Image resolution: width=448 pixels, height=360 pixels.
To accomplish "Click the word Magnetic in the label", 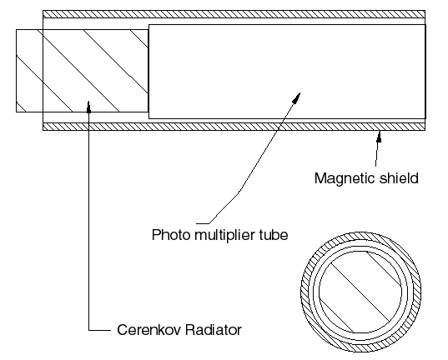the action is tap(344, 178).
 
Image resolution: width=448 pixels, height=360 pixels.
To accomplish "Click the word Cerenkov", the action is tap(148, 330).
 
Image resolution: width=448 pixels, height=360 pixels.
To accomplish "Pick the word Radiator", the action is tap(213, 330).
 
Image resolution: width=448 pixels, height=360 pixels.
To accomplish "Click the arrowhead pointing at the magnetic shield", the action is tap(379, 136).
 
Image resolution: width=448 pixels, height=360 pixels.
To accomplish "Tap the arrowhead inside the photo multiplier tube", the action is tap(296, 97).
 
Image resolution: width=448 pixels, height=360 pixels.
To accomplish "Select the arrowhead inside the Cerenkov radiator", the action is tap(89, 107).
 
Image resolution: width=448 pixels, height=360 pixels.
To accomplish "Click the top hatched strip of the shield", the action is tap(234, 14).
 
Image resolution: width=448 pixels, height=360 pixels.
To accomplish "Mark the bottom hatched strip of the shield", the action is tap(234, 127).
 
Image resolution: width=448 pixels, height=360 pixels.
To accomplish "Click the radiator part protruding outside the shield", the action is tap(29, 71).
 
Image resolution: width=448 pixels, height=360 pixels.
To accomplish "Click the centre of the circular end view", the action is tap(360, 292).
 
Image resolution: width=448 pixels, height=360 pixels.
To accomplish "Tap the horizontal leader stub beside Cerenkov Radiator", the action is tap(99, 331).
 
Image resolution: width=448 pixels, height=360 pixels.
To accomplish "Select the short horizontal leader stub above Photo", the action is tap(203, 223).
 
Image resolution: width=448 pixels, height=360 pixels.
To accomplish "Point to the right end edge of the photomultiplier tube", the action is tap(425, 72).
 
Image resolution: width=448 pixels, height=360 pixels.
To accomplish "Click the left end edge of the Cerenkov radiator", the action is tap(17, 71).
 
